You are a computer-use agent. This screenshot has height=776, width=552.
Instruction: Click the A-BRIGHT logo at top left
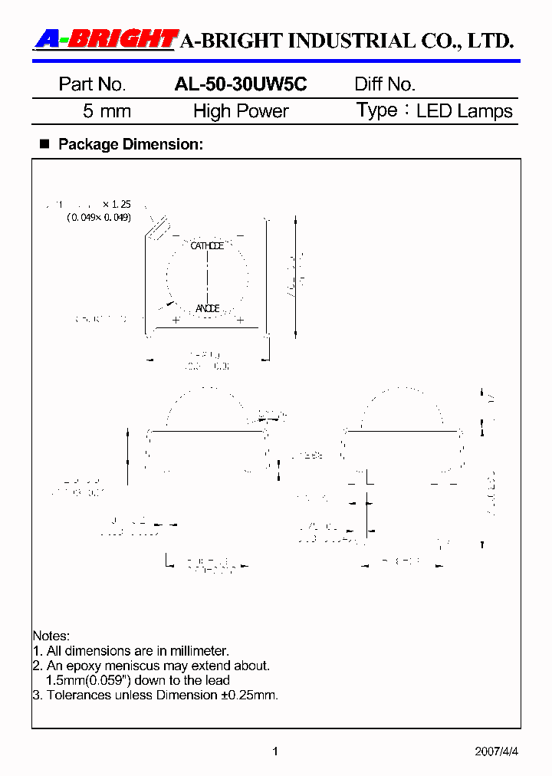pos(106,39)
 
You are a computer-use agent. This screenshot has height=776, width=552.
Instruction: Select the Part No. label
pos(92,84)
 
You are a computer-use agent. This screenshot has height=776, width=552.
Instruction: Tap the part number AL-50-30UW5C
pos(241,84)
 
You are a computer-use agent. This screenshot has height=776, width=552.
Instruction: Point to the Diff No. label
pos(385,84)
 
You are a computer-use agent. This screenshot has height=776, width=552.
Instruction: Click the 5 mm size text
pos(107,111)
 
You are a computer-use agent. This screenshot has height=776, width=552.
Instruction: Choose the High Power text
pos(241,111)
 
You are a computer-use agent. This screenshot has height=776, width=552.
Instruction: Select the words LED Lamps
pos(465,111)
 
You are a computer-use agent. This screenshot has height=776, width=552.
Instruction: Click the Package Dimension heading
pos(130,144)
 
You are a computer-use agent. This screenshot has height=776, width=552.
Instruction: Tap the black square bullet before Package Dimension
pos(44,143)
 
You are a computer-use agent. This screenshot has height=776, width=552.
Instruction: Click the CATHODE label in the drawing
pos(207,246)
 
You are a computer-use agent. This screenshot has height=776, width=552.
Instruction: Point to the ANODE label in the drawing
pos(207,308)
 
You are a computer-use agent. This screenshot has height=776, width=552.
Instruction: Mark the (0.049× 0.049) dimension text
pos(99,218)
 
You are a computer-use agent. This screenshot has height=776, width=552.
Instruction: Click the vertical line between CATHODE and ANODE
pos(207,277)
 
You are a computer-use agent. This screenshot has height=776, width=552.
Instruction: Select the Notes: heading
pos(51,636)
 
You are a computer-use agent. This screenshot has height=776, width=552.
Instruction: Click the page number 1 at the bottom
pos(275,751)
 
